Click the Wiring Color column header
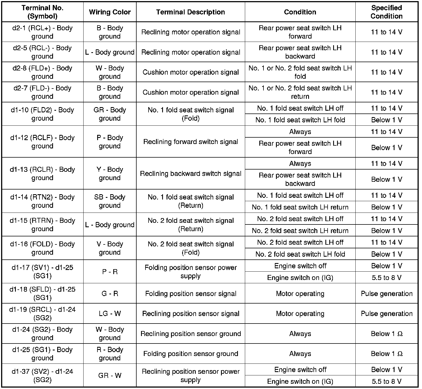pyautogui.click(x=110, y=12)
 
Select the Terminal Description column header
pyautogui.click(x=190, y=12)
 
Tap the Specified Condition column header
pyautogui.click(x=386, y=12)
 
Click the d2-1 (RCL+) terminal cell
pyautogui.click(x=42, y=32)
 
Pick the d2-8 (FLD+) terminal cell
pyautogui.click(x=42, y=72)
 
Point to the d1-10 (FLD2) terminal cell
pyautogui.click(x=42, y=114)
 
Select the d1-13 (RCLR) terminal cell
pyautogui.click(x=42, y=173)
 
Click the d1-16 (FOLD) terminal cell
pyautogui.click(x=42, y=248)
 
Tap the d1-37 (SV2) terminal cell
pyautogui.click(x=42, y=375)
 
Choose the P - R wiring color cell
pyautogui.click(x=110, y=272)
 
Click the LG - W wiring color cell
pyautogui.click(x=110, y=314)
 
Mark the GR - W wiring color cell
pyautogui.click(x=110, y=375)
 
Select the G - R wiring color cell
pyautogui.click(x=110, y=294)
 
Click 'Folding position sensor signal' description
pyautogui.click(x=190, y=294)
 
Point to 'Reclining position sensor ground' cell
pyautogui.click(x=190, y=334)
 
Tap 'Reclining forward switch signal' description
pyautogui.click(x=190, y=142)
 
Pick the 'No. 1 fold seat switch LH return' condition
pyautogui.click(x=300, y=207)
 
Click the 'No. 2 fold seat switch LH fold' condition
pyautogui.click(x=300, y=254)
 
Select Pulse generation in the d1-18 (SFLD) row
pyautogui.click(x=386, y=294)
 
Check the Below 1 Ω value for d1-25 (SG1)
pyautogui.click(x=386, y=354)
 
